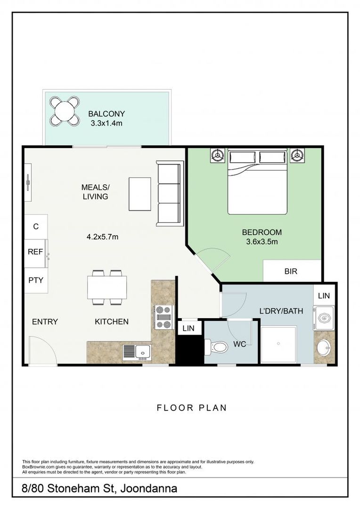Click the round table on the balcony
pos(65,111)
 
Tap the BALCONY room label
pos(106,114)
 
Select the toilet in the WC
pos(215,347)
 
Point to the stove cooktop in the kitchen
pos(164,317)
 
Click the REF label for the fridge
pos(35,252)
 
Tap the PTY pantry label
pos(36,280)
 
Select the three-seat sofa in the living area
pos(169,194)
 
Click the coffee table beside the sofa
pos(140,194)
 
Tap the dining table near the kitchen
pos(107,287)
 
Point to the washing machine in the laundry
pos(324,318)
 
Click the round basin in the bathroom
pos(324,348)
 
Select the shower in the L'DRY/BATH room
pos(278,345)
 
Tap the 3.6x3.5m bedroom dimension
pos(262,242)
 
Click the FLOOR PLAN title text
pos(191,408)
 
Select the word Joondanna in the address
pos(149,489)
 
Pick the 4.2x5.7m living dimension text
pos(102,237)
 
